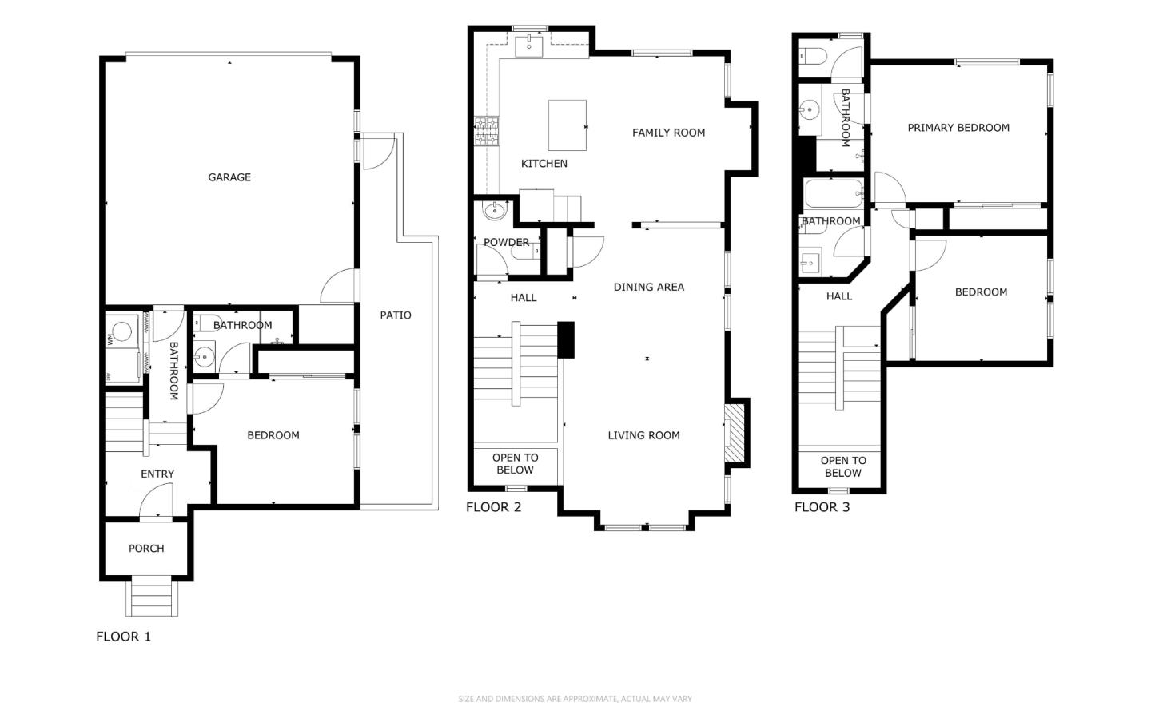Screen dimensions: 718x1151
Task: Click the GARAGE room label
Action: coord(229,177)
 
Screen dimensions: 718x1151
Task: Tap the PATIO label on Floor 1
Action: coord(396,315)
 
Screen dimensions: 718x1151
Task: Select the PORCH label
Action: coord(146,549)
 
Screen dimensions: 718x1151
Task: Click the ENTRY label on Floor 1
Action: coord(157,474)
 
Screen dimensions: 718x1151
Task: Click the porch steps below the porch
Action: coord(151,598)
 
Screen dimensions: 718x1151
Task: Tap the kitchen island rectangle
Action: coord(567,125)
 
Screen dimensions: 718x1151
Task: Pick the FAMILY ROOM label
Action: coord(668,133)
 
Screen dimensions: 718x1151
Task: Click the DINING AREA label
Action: coord(648,287)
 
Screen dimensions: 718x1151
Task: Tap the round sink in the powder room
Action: coord(495,212)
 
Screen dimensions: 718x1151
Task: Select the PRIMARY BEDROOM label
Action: coord(958,128)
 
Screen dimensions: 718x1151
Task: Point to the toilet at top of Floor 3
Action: coord(814,57)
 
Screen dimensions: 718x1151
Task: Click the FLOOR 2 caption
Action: coord(493,507)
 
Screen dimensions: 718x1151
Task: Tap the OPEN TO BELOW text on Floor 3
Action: coord(842,466)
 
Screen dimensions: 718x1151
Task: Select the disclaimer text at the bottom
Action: coord(575,699)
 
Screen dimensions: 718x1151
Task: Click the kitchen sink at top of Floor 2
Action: coord(529,46)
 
